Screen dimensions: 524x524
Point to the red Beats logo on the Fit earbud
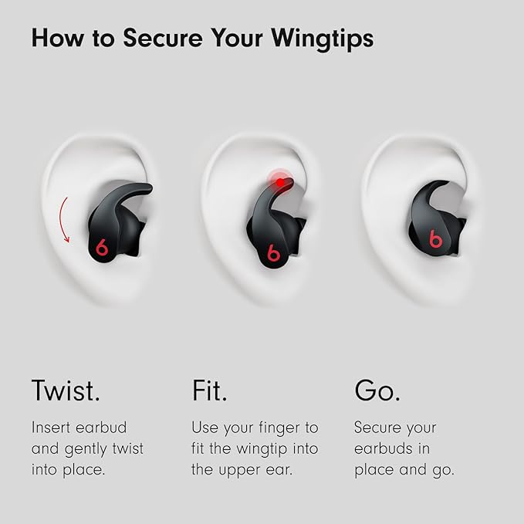[273, 252]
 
